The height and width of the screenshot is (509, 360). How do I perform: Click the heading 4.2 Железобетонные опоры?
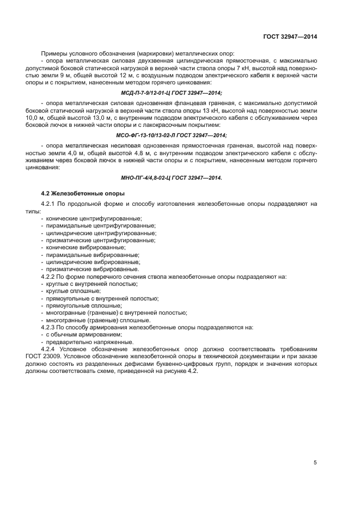click(83, 193)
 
